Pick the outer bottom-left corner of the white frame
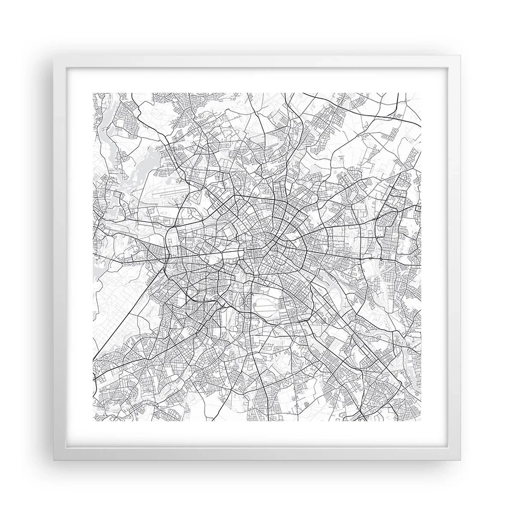point(54,461)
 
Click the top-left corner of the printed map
point(93,93)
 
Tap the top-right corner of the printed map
point(421,93)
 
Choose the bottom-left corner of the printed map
point(93,421)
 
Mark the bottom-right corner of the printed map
point(421,421)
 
